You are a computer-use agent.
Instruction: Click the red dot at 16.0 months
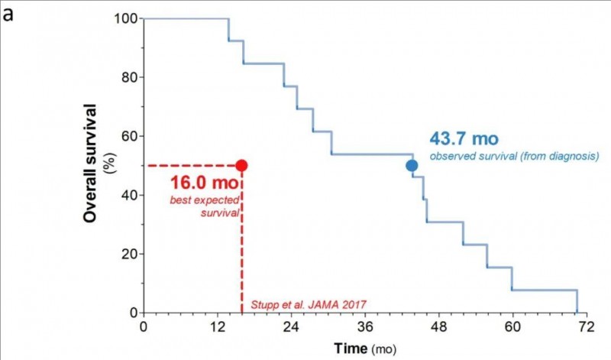(241, 165)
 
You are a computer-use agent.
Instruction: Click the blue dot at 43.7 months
(412, 165)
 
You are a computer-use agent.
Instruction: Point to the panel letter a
(8, 14)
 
